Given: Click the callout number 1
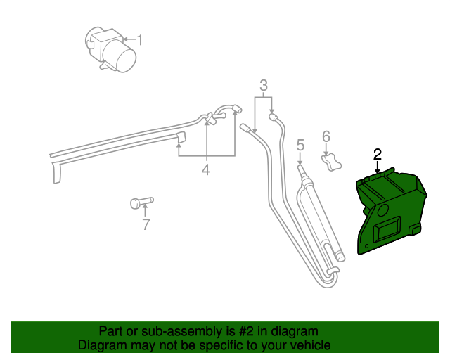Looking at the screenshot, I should coord(139,40).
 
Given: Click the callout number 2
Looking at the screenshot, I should coord(378,154).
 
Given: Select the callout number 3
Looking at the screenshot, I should coord(264,86).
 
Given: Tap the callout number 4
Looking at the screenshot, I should coord(206,170).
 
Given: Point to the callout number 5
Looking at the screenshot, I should coord(300,146).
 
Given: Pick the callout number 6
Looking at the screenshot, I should coord(326,136).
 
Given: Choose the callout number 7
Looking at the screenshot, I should coord(146,225).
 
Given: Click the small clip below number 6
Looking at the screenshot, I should coord(330,163).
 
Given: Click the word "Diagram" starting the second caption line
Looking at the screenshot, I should coord(103,345).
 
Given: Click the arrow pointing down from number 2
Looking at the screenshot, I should coord(378,167).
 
